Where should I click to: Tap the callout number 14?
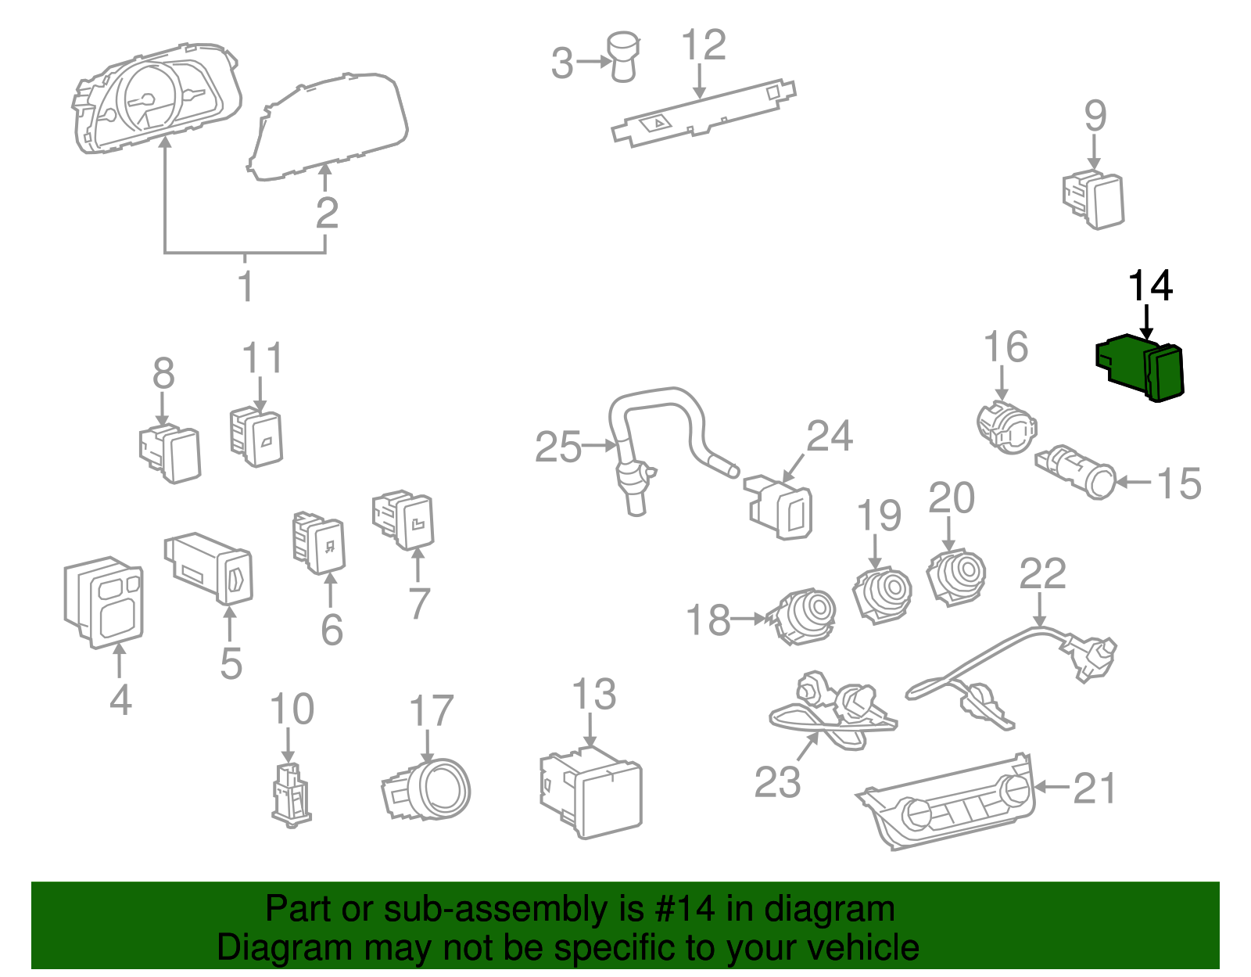[1149, 286]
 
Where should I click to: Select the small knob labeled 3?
[623, 56]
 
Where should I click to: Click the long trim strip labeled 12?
[704, 112]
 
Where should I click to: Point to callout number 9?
[1095, 117]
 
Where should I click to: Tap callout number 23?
[777, 781]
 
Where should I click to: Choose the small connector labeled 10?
[290, 794]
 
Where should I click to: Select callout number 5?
[231, 663]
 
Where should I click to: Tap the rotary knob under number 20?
[956, 577]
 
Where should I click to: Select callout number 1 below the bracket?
[246, 287]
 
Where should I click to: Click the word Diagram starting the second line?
[274, 948]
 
